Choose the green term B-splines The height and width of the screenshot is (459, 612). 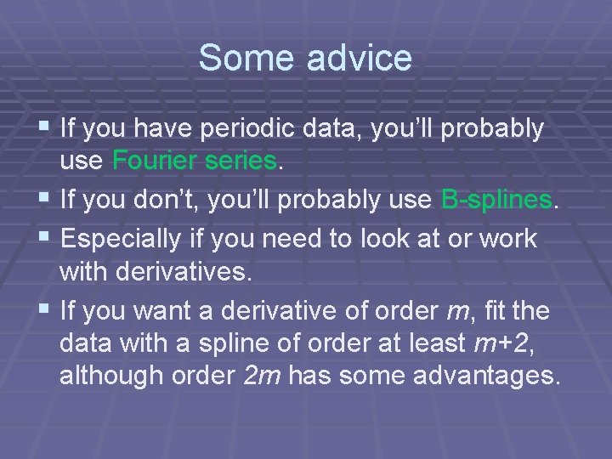tap(497, 199)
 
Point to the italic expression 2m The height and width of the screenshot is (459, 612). tap(263, 375)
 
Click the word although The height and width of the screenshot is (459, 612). tap(110, 375)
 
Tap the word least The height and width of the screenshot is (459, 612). tap(437, 343)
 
